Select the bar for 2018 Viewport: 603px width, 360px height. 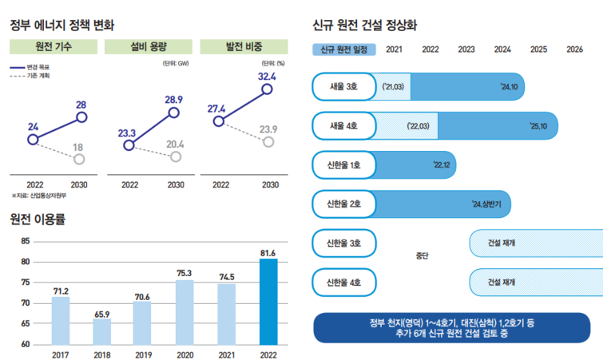coord(101,331)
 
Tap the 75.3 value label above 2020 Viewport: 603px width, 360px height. coord(184,273)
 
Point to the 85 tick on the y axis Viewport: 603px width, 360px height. coord(25,241)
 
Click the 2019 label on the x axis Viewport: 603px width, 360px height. coord(143,354)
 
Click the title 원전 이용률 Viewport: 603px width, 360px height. coord(38,218)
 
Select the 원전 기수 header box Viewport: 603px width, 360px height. coord(55,46)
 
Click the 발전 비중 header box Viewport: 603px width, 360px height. coord(242,46)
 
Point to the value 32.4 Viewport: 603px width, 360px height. coord(267,77)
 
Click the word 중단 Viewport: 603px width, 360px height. coord(422,256)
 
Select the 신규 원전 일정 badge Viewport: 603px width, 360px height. coord(343,49)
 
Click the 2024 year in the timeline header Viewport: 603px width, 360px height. coord(502,49)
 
